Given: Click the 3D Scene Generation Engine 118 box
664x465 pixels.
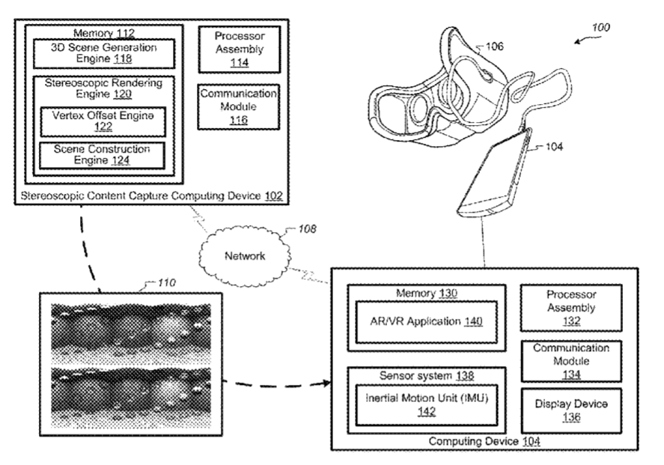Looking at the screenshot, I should (104, 53).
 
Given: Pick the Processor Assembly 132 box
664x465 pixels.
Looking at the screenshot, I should (567, 307).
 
